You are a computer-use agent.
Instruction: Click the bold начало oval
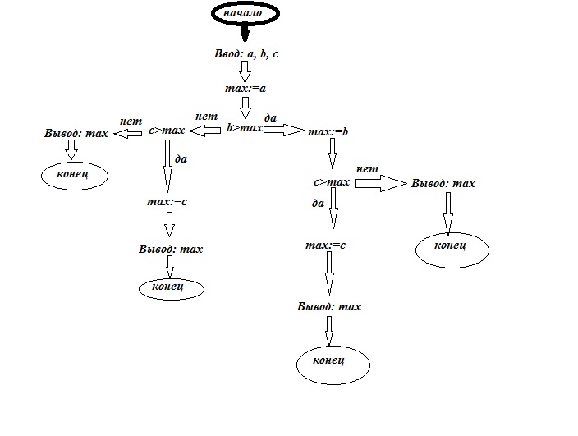(246, 14)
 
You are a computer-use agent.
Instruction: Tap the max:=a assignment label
(245, 88)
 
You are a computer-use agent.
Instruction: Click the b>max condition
(244, 128)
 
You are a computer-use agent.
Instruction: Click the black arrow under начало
(244, 34)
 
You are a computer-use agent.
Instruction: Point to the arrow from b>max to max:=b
(284, 129)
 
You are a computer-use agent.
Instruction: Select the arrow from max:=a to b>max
(245, 108)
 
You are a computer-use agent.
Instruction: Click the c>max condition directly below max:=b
(332, 182)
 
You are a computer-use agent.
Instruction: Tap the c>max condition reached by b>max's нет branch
(167, 130)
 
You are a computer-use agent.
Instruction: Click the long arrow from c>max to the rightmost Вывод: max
(380, 183)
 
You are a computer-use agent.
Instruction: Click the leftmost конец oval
(72, 175)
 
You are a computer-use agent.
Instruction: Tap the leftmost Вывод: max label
(76, 133)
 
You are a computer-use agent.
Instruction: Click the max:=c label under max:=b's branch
(325, 245)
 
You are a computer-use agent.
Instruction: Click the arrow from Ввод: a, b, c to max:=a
(245, 71)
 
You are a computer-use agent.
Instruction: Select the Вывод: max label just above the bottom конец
(329, 306)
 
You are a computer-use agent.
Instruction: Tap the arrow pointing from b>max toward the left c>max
(206, 129)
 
